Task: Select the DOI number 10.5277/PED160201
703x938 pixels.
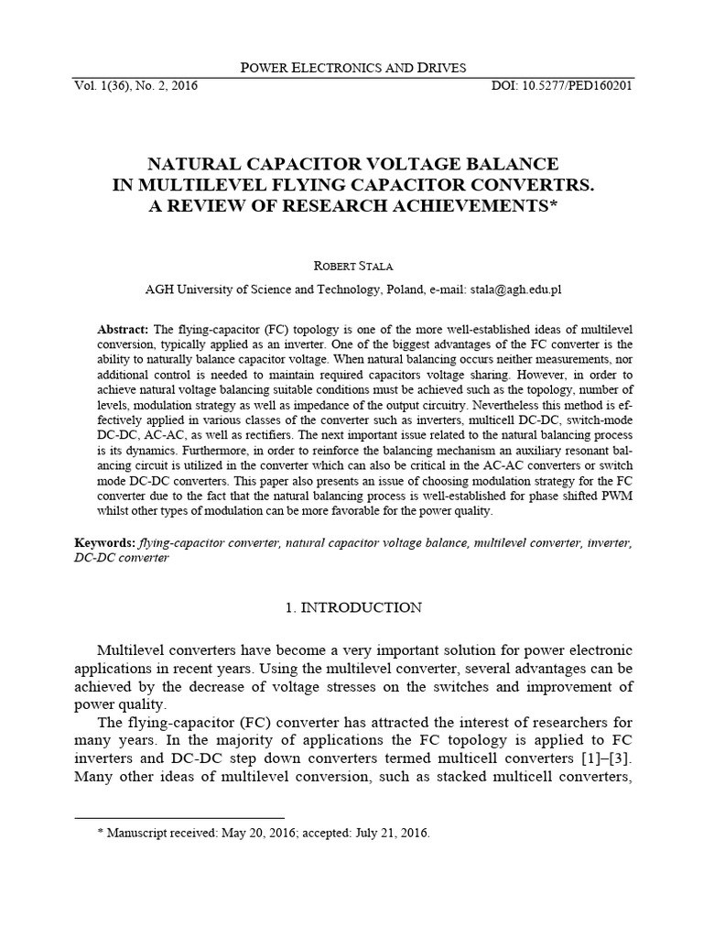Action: coord(579,86)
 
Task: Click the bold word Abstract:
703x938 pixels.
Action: coord(123,329)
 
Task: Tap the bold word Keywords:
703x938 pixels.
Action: coord(105,543)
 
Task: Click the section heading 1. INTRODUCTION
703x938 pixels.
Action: coord(351,607)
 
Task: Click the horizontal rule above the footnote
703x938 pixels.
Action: coord(179,816)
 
